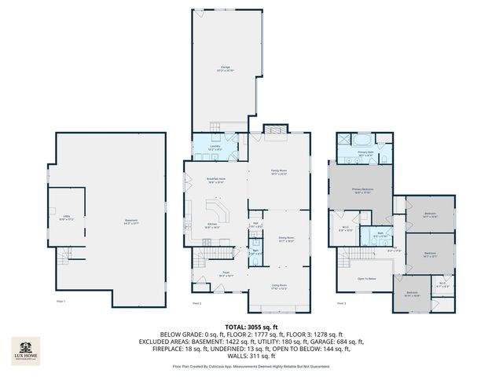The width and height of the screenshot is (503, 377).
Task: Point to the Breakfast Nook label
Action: (205, 181)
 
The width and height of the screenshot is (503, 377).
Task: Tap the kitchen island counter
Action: (217, 210)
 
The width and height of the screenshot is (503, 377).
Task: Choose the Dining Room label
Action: (285, 239)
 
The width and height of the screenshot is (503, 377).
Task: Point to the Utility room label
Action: (67, 218)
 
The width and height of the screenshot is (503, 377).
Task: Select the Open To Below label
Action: (367, 279)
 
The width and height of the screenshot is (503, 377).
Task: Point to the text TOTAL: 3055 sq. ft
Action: (251, 326)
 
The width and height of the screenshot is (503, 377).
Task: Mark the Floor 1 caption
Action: (60, 302)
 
